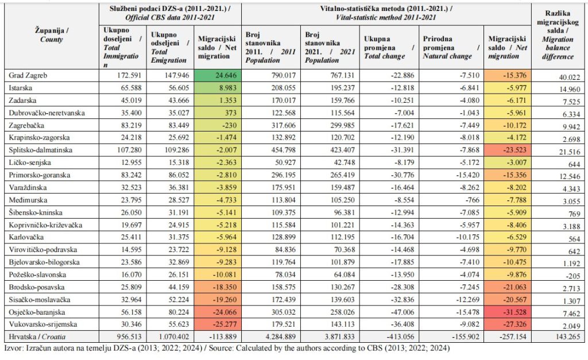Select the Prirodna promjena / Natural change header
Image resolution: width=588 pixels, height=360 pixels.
coord(447,48)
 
